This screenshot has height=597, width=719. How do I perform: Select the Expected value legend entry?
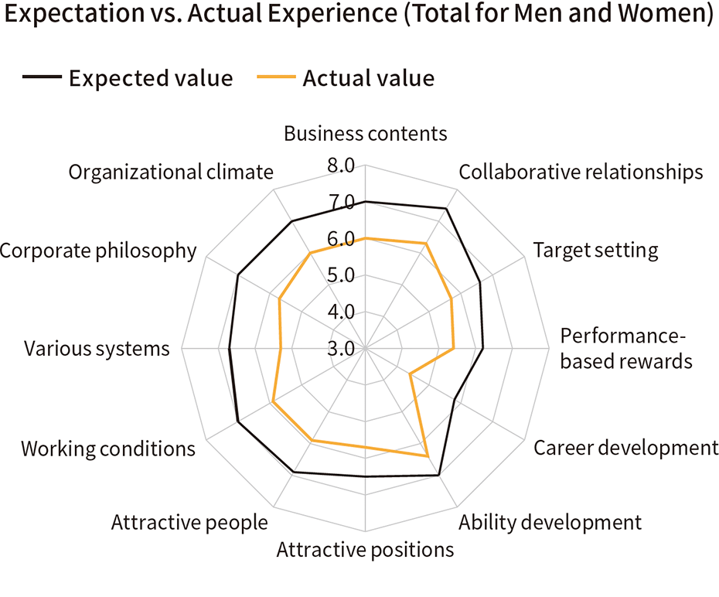click(x=128, y=78)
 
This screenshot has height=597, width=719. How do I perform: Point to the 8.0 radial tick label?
click(x=340, y=166)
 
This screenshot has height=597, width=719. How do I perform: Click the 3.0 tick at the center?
click(x=340, y=349)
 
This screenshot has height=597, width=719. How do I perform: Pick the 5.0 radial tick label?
click(x=340, y=276)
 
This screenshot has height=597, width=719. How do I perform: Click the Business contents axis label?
click(x=365, y=133)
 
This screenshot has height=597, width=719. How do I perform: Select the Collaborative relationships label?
click(x=581, y=172)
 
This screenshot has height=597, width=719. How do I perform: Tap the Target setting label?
click(x=595, y=250)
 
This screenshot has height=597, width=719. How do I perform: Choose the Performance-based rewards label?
click(x=625, y=349)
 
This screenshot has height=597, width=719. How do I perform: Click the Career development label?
click(x=626, y=448)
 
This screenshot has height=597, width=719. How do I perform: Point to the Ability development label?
click(x=550, y=522)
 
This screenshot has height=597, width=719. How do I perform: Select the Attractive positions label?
click(x=365, y=550)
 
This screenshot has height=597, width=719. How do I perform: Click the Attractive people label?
click(x=189, y=522)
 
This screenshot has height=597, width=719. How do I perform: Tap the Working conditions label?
click(x=108, y=449)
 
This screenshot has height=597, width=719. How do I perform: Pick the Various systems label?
click(x=97, y=349)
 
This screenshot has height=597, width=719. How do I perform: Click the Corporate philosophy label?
click(x=98, y=251)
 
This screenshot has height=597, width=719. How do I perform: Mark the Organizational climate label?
click(x=171, y=172)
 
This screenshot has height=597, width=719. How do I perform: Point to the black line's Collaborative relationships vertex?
click(x=447, y=208)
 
